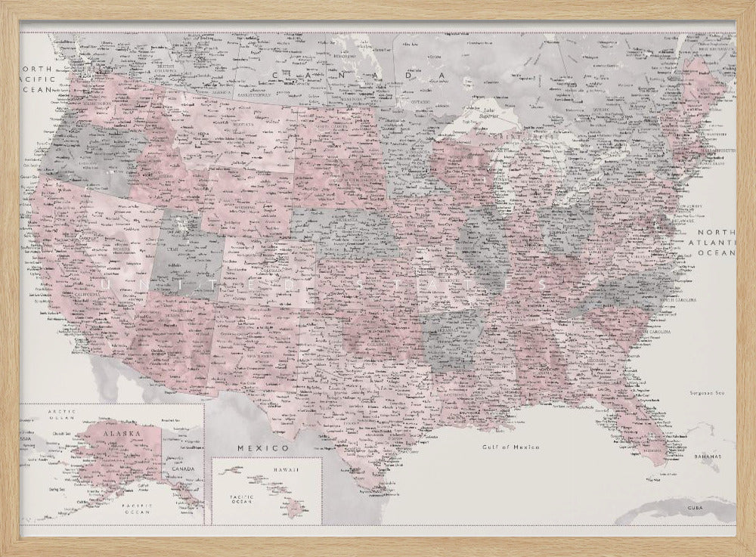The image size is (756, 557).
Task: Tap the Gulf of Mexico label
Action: [x=512, y=447]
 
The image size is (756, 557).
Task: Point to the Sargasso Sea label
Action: [x=706, y=392]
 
